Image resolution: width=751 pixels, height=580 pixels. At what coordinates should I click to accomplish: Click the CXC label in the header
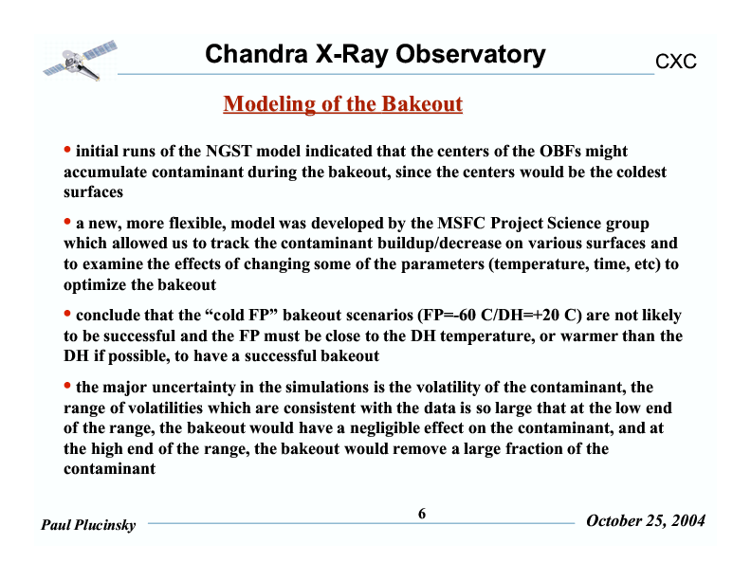[676, 62]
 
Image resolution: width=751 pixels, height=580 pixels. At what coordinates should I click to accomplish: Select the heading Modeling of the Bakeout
[342, 103]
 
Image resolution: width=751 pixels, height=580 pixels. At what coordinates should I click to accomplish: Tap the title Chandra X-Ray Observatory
[375, 55]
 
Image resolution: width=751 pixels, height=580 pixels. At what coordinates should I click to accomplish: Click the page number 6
[422, 513]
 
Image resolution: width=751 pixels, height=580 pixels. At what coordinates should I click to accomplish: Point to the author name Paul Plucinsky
[88, 525]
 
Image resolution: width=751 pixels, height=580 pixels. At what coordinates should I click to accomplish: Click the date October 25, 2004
[646, 521]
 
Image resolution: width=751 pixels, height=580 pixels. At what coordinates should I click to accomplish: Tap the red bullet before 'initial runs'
[67, 150]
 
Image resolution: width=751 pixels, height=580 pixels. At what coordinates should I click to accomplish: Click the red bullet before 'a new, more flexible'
[67, 223]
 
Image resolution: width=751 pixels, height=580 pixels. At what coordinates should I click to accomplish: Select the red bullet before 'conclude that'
[67, 314]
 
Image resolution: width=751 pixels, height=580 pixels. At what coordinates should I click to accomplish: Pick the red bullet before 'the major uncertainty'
[67, 386]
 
